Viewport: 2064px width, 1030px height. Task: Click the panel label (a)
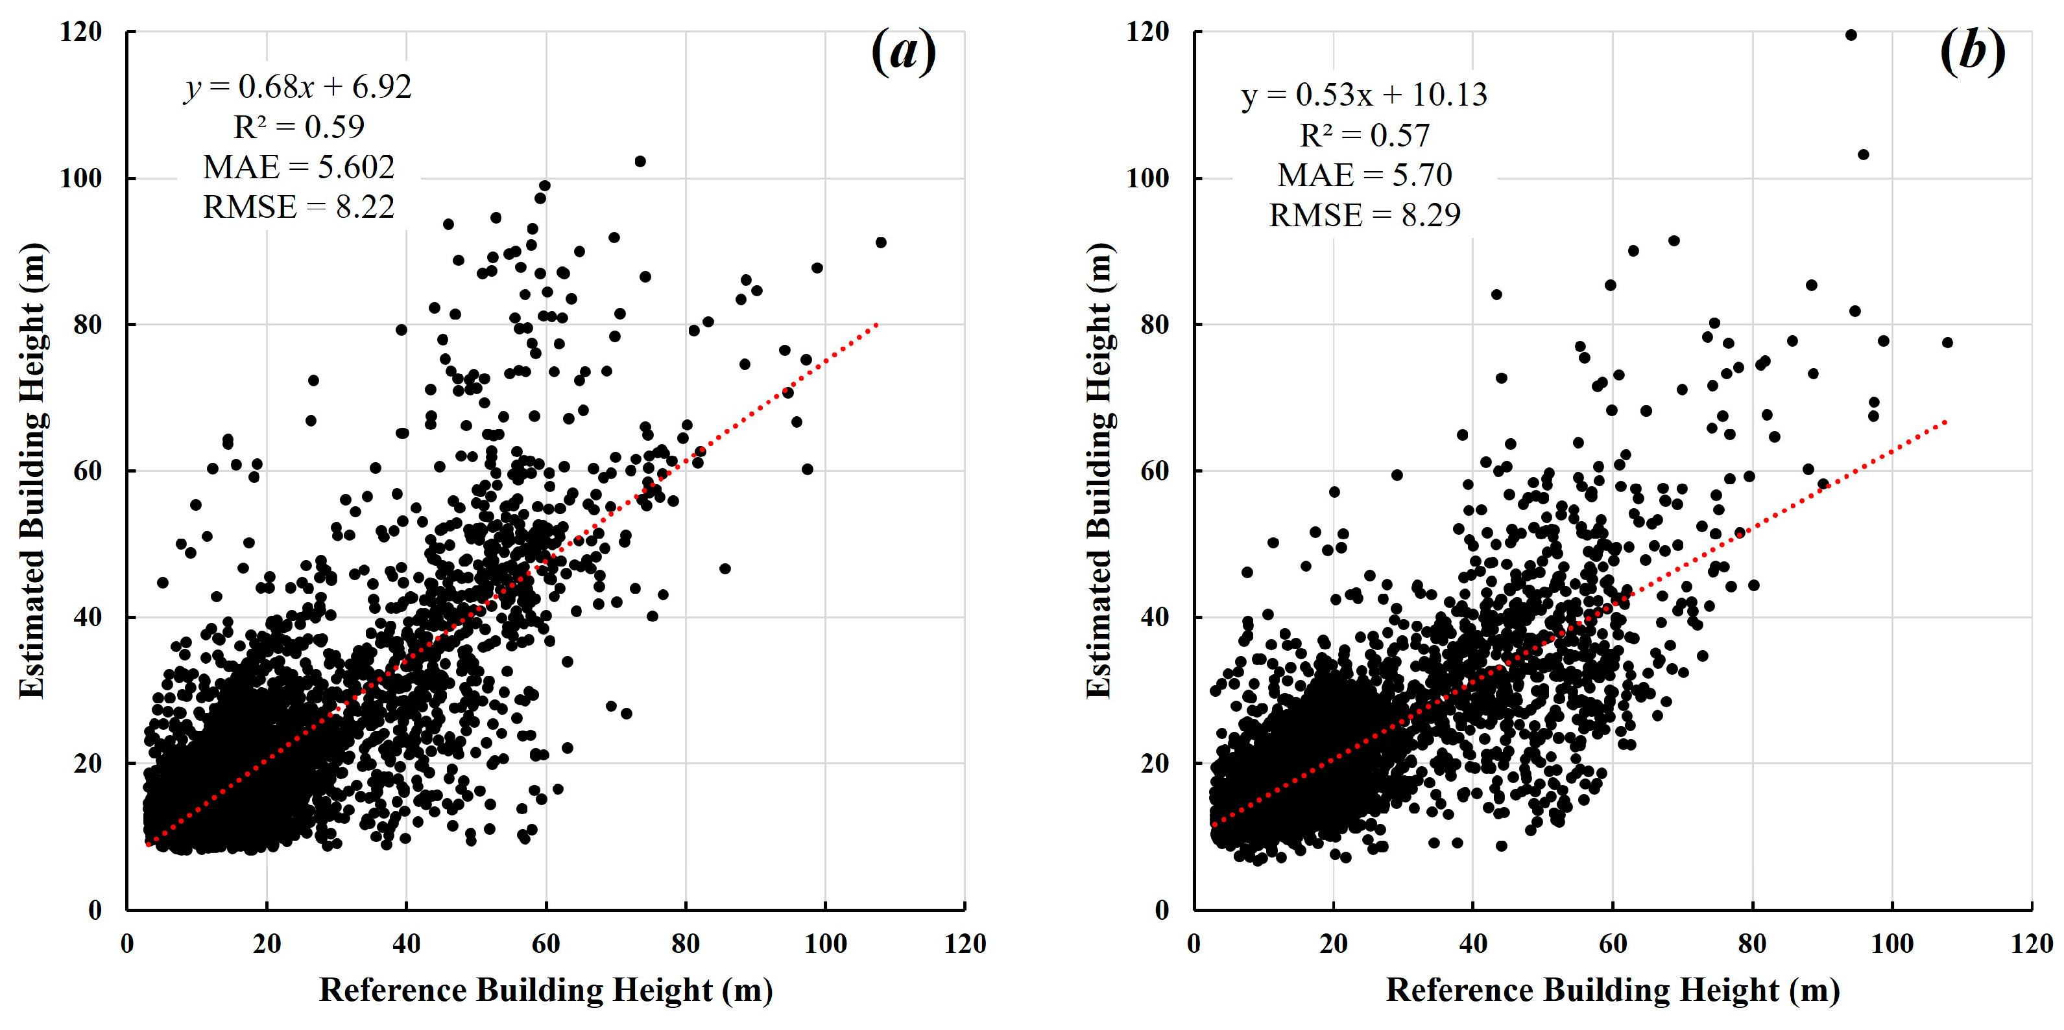[x=903, y=51]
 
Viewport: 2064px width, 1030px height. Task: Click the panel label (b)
[x=1972, y=51]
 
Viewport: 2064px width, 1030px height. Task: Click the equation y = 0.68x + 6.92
[x=298, y=86]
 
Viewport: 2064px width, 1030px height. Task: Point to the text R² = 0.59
[x=298, y=126]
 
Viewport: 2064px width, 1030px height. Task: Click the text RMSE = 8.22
[x=298, y=207]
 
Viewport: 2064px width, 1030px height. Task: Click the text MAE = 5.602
[x=298, y=167]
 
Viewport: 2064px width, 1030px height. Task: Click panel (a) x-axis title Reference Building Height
[x=546, y=990]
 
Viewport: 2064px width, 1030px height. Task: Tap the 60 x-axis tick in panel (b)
[x=1613, y=944]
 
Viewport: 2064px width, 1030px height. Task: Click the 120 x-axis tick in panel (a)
[x=965, y=944]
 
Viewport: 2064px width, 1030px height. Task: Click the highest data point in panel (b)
[x=1851, y=34]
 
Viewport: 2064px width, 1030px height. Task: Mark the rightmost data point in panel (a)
[x=881, y=242]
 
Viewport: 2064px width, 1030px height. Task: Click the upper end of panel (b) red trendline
[x=1945, y=421]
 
